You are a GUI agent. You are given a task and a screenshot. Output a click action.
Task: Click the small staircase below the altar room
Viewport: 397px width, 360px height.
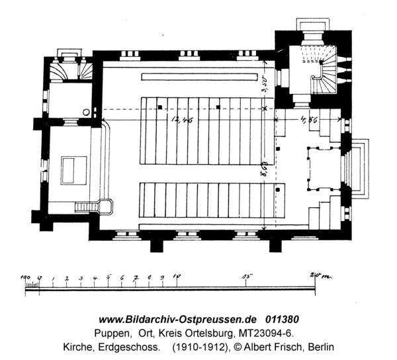click(x=87, y=207)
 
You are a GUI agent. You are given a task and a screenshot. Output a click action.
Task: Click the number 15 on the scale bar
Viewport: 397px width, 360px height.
click(x=247, y=275)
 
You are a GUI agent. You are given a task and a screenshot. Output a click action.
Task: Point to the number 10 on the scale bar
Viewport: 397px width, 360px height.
click(x=177, y=275)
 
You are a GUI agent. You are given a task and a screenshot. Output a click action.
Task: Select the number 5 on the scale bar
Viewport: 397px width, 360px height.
click(x=109, y=275)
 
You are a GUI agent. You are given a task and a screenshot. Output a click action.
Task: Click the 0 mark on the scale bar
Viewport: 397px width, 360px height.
click(x=40, y=275)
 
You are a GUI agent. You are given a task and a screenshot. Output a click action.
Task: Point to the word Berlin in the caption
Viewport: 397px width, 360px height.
click(x=318, y=346)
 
